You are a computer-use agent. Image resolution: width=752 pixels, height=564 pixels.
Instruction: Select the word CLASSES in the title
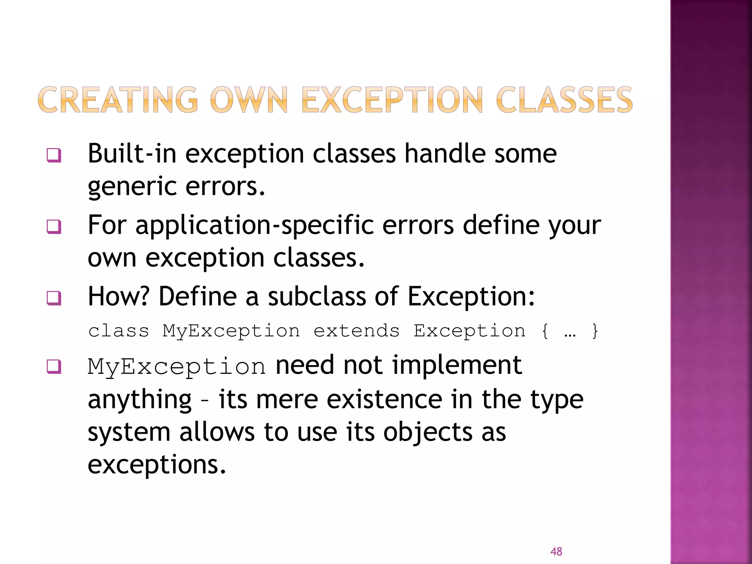564,100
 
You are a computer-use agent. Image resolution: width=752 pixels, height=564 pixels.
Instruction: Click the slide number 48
556,551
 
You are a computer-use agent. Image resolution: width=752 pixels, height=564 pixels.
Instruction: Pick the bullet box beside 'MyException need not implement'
54,366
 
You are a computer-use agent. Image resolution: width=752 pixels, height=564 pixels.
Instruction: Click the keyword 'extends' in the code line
356,331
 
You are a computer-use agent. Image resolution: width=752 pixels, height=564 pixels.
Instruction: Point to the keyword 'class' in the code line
119,331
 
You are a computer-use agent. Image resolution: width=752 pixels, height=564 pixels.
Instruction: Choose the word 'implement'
457,365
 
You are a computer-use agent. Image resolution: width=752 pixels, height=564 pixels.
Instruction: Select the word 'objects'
428,432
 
